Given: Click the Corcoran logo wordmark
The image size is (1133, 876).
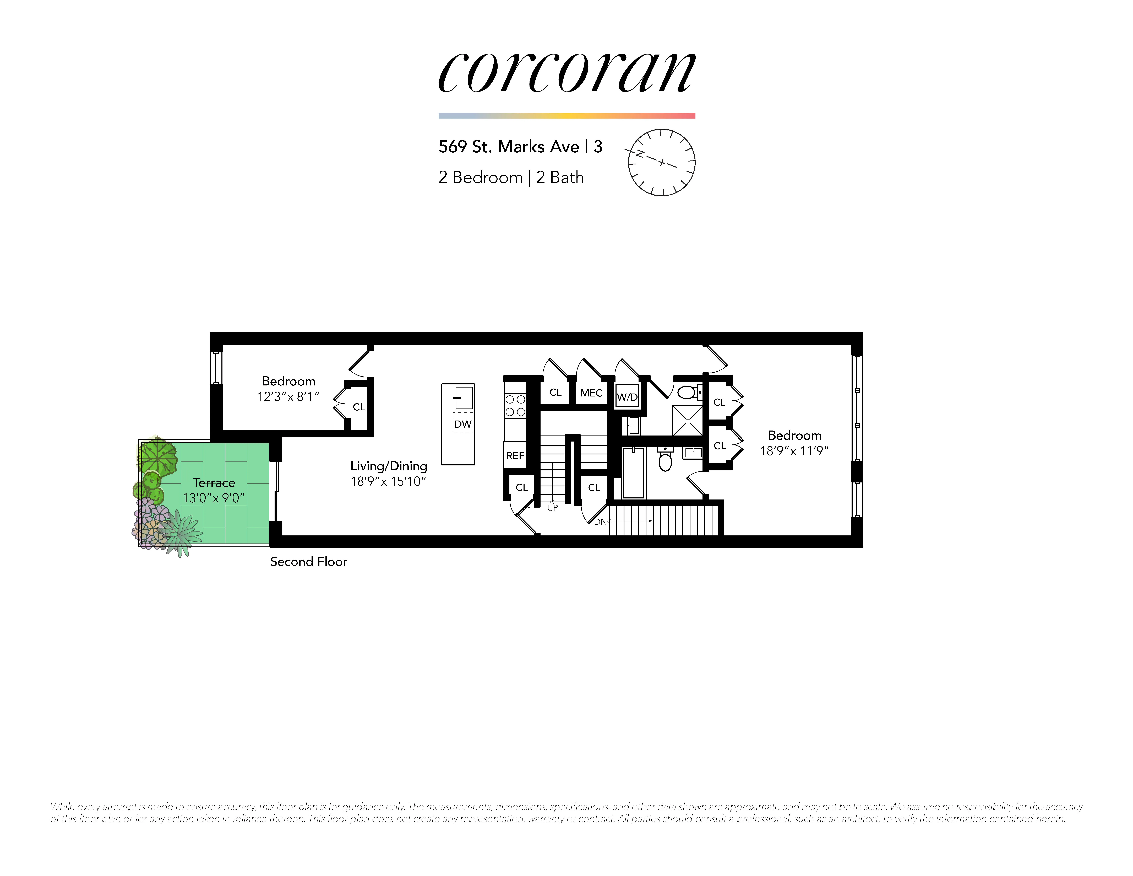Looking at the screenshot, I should pos(566,73).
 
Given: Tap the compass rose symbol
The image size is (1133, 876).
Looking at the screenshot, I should pos(661,162).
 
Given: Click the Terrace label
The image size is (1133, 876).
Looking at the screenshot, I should pos(214,483).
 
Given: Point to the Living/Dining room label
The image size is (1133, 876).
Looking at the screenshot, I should pos(389,466).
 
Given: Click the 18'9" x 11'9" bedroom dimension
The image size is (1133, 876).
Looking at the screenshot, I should pos(794,451).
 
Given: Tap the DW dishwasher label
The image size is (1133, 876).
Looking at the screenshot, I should pos(463,424).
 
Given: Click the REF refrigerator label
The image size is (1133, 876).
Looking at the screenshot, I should pos(515,456).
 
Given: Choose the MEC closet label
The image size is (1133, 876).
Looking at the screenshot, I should pos(591,393).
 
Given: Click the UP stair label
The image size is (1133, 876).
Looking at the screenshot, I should pos(553,508).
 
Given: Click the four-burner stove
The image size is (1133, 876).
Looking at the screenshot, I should pos(515,405).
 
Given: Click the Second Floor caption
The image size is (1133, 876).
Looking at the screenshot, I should pos(309,562).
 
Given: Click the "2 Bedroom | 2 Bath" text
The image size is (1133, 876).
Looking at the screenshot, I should pos(511,178).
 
